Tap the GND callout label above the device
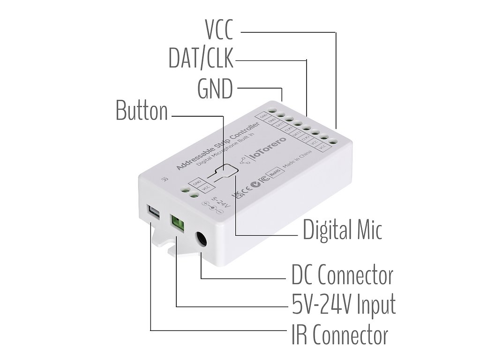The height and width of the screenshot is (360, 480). click(215, 89)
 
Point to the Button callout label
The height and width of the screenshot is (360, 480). click(142, 111)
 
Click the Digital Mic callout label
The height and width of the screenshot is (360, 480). click(342, 230)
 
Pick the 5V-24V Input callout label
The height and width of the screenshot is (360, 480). click(344, 305)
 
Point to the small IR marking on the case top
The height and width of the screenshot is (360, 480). click(164, 179)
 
